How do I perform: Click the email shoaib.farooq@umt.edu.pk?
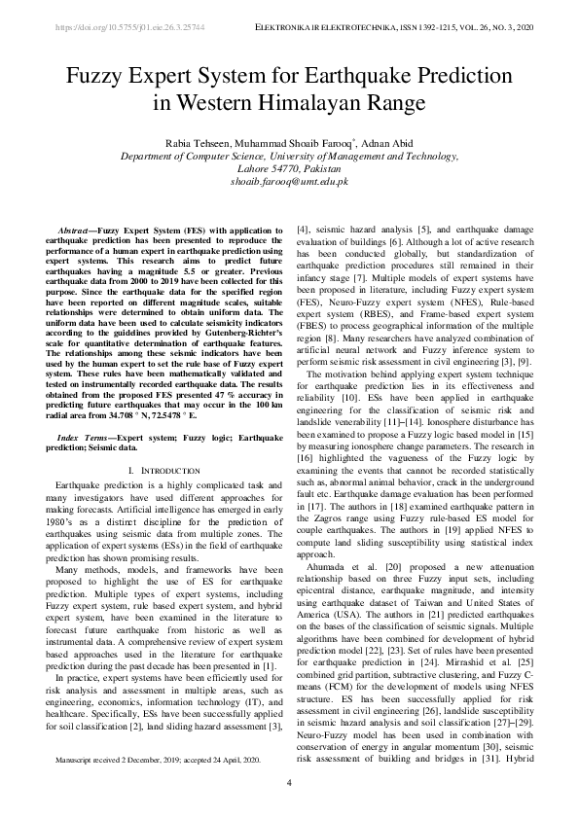(x=289, y=181)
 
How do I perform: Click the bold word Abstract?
(x=79, y=229)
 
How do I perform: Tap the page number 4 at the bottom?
(x=289, y=783)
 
